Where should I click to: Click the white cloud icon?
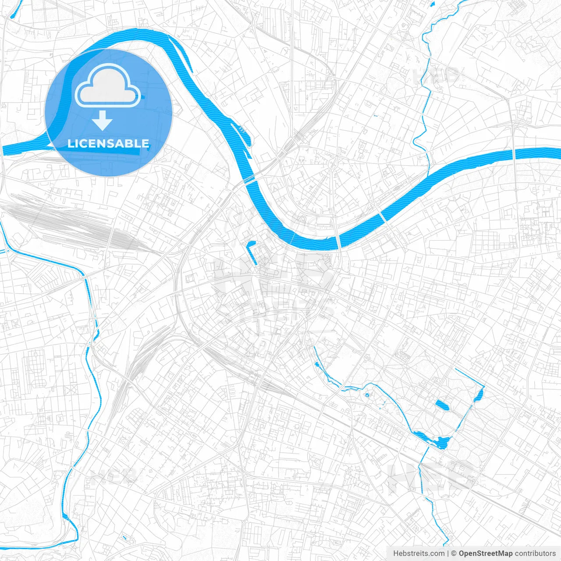(108, 85)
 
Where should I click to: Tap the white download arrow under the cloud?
(103, 121)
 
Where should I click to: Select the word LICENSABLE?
(108, 143)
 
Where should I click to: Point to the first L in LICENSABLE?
(71, 144)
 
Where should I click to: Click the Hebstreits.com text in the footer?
(419, 554)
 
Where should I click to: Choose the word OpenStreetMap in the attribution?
(486, 554)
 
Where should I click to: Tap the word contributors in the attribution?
(535, 554)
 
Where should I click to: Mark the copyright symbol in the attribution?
(454, 554)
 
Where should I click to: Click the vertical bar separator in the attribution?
(448, 554)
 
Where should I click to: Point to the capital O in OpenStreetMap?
(462, 554)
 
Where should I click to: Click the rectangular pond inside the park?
(442, 405)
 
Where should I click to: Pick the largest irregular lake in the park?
(434, 440)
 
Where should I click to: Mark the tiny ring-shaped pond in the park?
(367, 395)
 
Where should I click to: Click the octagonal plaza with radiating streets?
(332, 163)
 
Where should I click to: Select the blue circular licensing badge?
(109, 113)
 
